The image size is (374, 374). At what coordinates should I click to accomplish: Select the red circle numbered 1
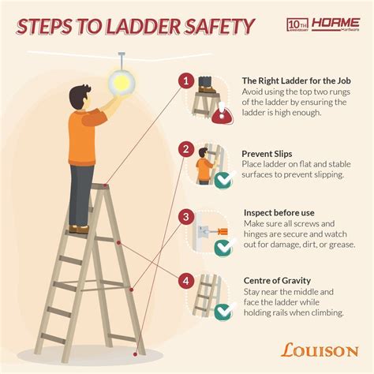click(x=185, y=80)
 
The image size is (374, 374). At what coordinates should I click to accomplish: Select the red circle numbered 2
click(x=185, y=148)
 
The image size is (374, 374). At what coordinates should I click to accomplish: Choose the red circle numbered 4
click(x=185, y=279)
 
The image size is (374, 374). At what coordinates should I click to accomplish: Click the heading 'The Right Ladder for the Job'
click(x=297, y=81)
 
